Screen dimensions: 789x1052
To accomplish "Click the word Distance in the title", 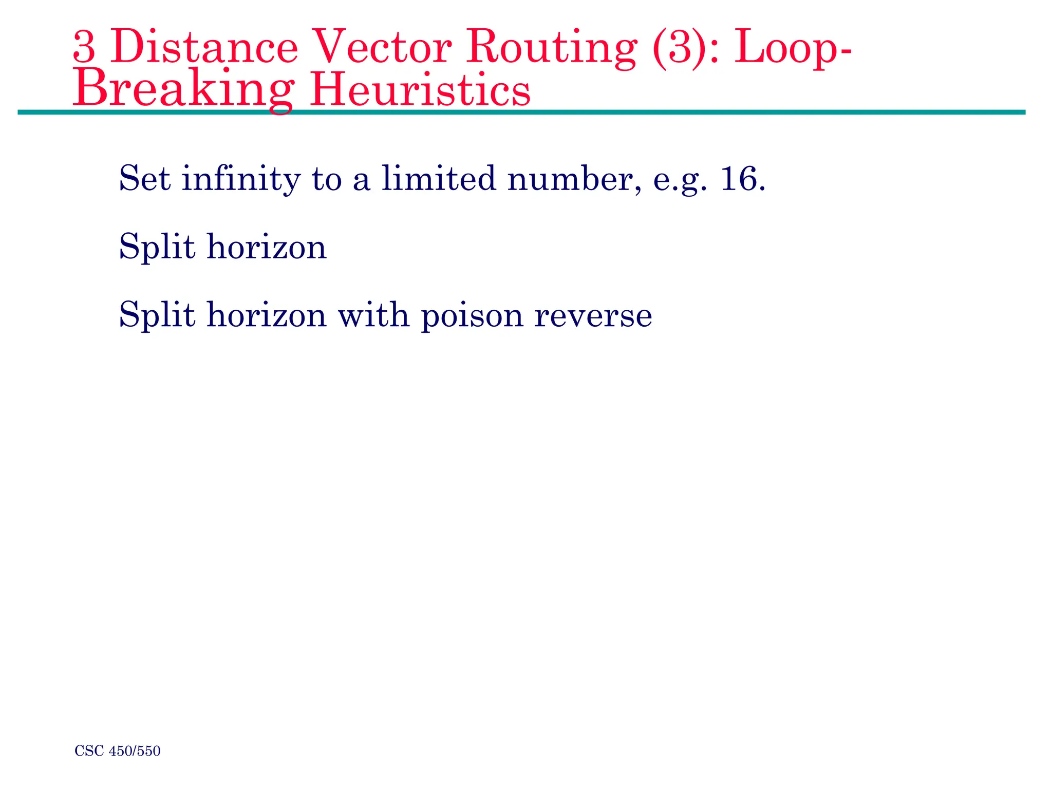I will [x=204, y=48].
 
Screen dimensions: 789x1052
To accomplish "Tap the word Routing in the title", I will [x=551, y=48].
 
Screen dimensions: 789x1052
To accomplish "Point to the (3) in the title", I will [x=679, y=48].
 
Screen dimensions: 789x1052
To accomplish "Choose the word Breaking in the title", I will [x=183, y=89].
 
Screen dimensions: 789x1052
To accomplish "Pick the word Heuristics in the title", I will [x=420, y=89].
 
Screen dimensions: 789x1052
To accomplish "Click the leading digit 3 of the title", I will [x=84, y=48].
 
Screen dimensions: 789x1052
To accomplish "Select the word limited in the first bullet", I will [x=438, y=178].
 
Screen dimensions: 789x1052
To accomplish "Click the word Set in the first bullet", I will [x=144, y=179].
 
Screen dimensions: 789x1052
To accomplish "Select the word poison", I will [x=472, y=315].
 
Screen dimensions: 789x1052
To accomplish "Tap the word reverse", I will [x=593, y=315].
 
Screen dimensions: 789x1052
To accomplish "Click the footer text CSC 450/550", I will [x=118, y=751].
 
